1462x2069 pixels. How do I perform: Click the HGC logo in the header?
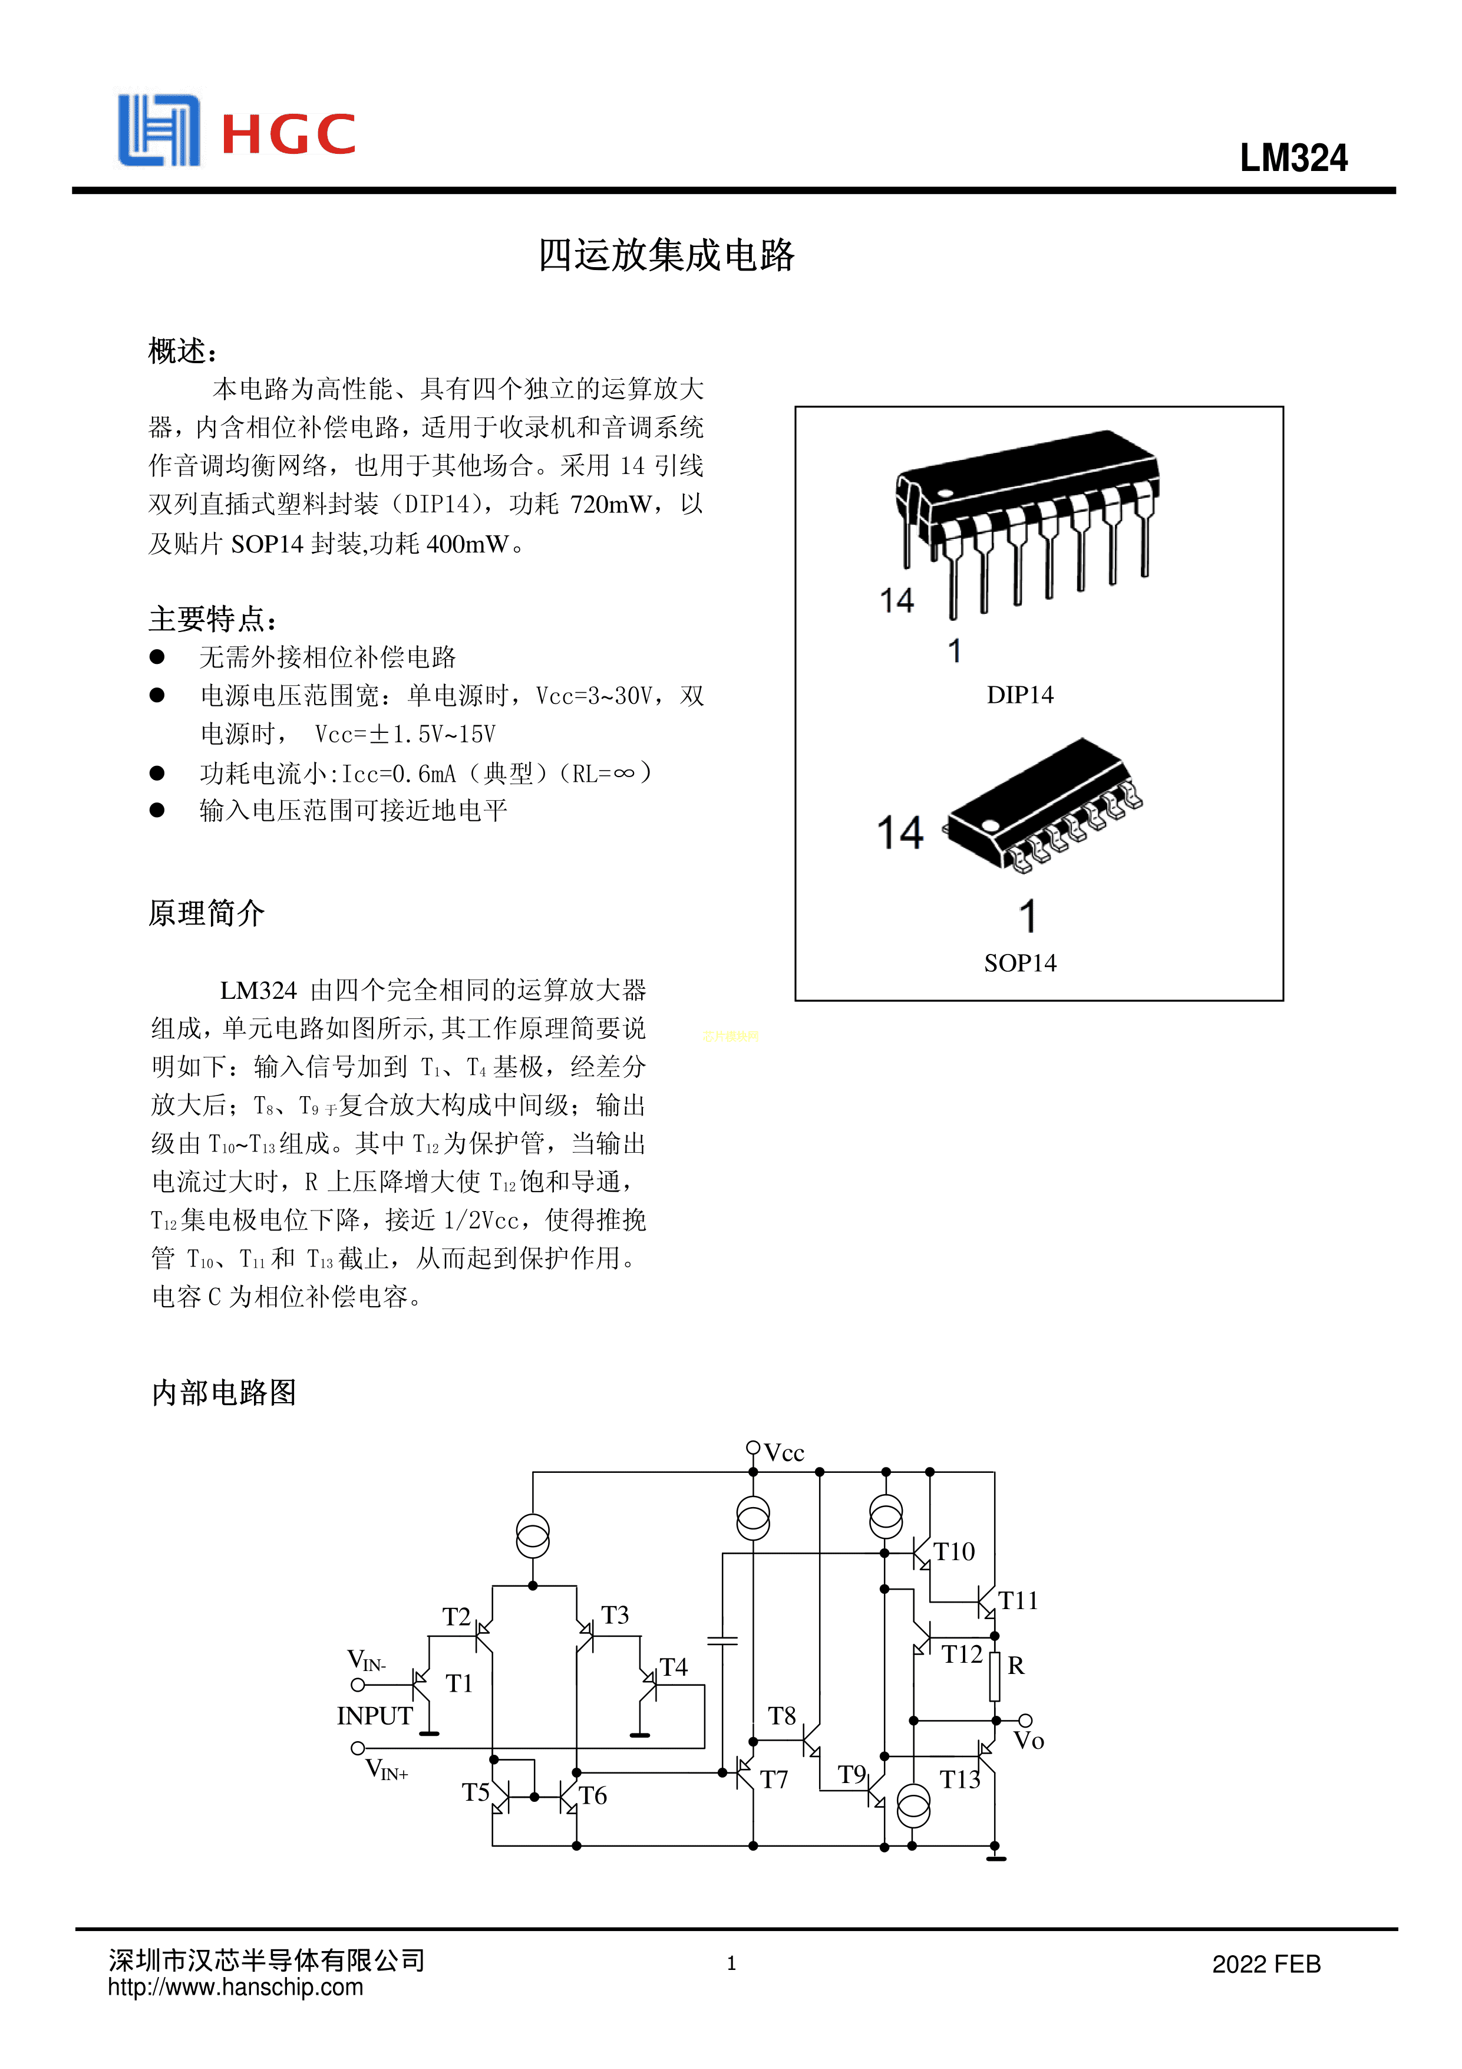point(237,131)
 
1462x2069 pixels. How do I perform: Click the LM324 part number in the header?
point(1293,159)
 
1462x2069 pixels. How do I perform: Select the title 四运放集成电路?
point(666,255)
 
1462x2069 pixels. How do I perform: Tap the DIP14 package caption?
point(1019,695)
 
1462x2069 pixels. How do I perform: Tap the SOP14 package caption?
point(1019,963)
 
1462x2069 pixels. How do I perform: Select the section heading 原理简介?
point(206,913)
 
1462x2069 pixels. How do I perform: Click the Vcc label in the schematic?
point(784,1453)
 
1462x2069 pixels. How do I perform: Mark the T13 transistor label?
point(959,1779)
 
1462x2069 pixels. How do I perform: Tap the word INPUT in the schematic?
point(375,1716)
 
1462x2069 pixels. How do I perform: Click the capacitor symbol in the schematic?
point(722,1640)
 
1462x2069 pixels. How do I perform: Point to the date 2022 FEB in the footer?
point(1266,1965)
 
